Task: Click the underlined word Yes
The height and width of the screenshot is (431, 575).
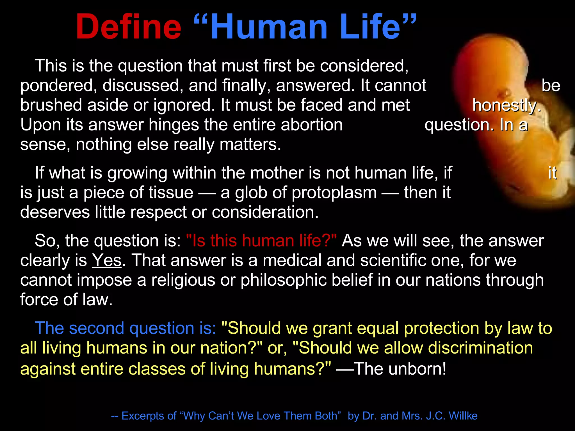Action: pyautogui.click(x=107, y=260)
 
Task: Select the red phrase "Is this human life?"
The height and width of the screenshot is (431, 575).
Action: pyautogui.click(x=261, y=241)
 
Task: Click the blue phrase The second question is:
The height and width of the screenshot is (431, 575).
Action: pyautogui.click(x=125, y=328)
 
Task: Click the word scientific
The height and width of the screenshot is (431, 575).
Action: pyautogui.click(x=393, y=260)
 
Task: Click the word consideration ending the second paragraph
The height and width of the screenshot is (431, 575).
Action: pyautogui.click(x=265, y=212)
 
